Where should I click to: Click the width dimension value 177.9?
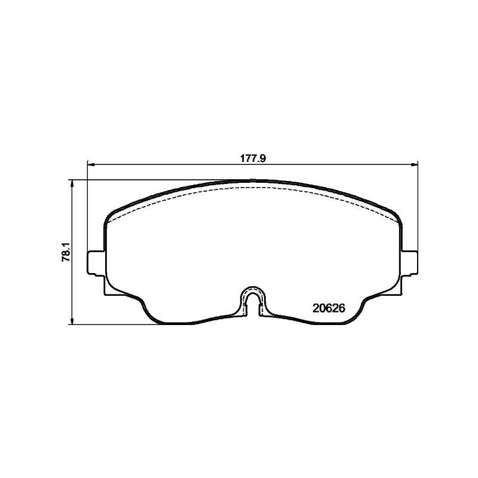tap(253, 158)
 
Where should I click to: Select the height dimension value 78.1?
tap(66, 252)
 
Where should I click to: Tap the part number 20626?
tap(329, 308)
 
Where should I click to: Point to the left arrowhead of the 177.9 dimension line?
tap(91, 165)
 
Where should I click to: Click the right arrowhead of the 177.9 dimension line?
tap(414, 165)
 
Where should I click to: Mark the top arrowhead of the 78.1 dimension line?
tap(72, 183)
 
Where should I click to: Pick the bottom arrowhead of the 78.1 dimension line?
tap(72, 320)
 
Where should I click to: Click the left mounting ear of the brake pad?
tap(96, 263)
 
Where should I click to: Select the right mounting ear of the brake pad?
tap(409, 263)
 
